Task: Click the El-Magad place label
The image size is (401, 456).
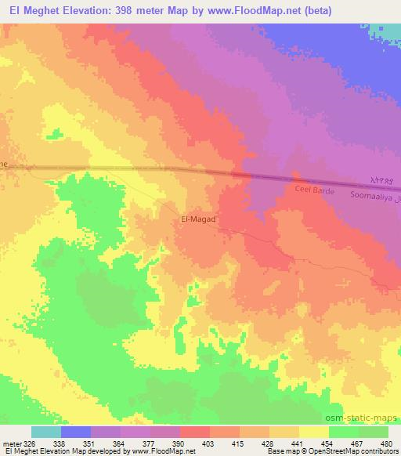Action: point(198,221)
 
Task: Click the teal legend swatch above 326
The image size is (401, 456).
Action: point(46,432)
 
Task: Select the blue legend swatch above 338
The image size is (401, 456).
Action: point(76,432)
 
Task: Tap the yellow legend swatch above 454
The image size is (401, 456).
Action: point(313,432)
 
